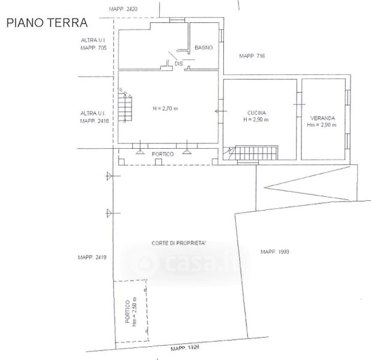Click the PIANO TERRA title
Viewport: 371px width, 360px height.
pyautogui.click(x=47, y=23)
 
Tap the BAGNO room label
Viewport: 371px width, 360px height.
pyautogui.click(x=204, y=47)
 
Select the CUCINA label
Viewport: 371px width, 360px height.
pyautogui.click(x=256, y=113)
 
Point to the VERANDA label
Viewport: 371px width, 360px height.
pyautogui.click(x=322, y=118)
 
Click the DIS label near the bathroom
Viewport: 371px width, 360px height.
pyautogui.click(x=179, y=64)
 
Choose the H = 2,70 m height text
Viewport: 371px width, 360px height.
pyautogui.click(x=165, y=109)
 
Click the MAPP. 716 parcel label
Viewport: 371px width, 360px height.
pyautogui.click(x=252, y=56)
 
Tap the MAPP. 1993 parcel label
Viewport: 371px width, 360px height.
pyautogui.click(x=275, y=251)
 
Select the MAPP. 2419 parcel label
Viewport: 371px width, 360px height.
pyautogui.click(x=92, y=257)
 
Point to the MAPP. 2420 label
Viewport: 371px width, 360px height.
pyautogui.click(x=123, y=9)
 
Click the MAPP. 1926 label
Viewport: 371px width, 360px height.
pyautogui.click(x=185, y=348)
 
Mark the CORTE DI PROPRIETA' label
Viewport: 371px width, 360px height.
pyautogui.click(x=179, y=243)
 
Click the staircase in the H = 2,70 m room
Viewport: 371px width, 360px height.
pyautogui.click(x=125, y=106)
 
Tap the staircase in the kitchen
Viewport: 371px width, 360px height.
pyautogui.click(x=250, y=153)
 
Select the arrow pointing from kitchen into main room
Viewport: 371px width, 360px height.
pyautogui.click(x=220, y=111)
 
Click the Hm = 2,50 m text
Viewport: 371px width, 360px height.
pyautogui.click(x=134, y=312)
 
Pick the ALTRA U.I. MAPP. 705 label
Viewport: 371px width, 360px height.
pyautogui.click(x=94, y=44)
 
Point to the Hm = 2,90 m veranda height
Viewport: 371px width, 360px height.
pyautogui.click(x=322, y=125)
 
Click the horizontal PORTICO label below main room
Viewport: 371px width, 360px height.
pyautogui.click(x=163, y=154)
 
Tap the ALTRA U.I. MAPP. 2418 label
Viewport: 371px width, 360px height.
pyautogui.click(x=94, y=117)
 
